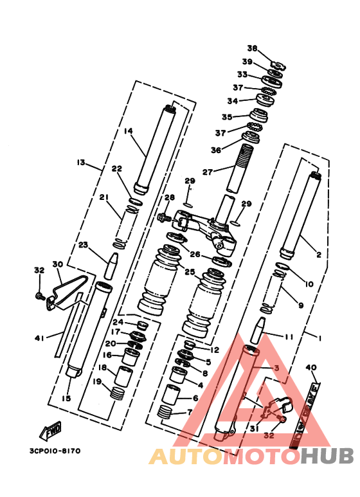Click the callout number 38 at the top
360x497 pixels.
pyautogui.click(x=252, y=48)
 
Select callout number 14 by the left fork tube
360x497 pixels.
pyautogui.click(x=128, y=131)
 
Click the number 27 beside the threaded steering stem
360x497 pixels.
pyautogui.click(x=206, y=172)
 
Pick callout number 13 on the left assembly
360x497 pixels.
pyautogui.click(x=81, y=163)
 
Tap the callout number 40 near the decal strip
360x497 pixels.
pyautogui.click(x=312, y=368)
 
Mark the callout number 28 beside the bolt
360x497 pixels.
pyautogui.click(x=170, y=197)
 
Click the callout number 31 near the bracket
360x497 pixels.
pyautogui.click(x=254, y=429)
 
